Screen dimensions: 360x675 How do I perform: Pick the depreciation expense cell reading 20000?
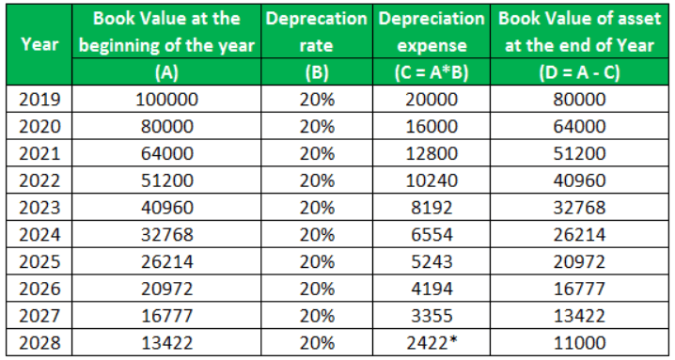432,99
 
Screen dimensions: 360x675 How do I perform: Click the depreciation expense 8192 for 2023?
432,206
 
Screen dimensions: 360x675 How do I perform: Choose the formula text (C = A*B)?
432,72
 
